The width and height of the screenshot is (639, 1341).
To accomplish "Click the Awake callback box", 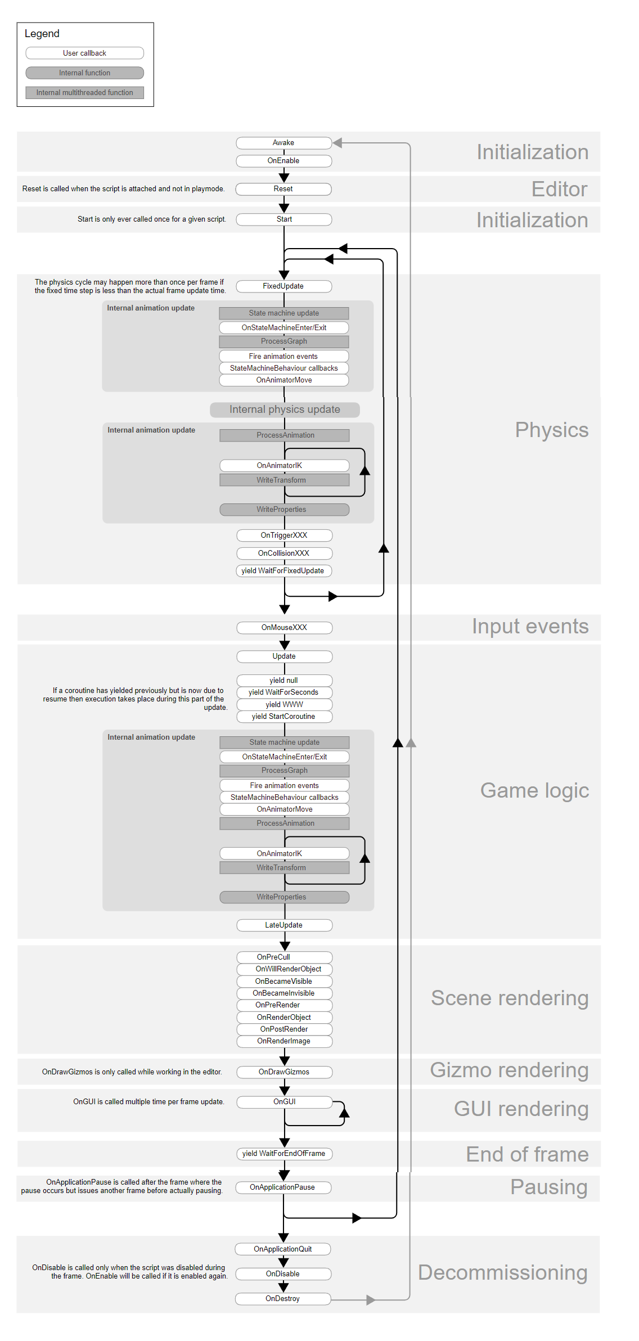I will tap(283, 143).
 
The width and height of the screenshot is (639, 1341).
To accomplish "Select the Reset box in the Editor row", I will tap(283, 189).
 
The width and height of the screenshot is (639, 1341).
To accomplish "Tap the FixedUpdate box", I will tap(283, 286).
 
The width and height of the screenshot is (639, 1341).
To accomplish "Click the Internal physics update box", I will tap(285, 409).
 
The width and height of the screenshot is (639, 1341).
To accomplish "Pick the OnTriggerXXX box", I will tap(284, 535).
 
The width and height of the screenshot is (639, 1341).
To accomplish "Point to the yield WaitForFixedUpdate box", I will tap(283, 571).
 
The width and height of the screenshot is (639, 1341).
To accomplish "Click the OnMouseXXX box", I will tap(284, 628).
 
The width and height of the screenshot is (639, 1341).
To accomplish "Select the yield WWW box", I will tap(284, 705).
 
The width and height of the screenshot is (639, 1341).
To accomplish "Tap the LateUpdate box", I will tap(284, 925).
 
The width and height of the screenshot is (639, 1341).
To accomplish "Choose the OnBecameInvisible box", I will tap(284, 993).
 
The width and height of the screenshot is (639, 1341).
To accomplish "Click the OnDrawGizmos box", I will tap(284, 1072).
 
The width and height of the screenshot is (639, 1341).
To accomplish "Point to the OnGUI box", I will tap(284, 1102).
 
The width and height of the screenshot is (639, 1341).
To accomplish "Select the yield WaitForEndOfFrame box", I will tap(284, 1154).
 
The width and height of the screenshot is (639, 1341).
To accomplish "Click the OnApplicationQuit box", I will tap(283, 1249).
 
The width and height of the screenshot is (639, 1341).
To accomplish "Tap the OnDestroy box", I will tap(283, 1299).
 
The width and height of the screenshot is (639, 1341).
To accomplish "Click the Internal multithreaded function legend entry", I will tap(85, 93).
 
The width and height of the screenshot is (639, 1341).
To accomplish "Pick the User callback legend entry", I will tap(85, 53).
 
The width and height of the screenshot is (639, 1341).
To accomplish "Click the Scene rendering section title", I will tap(510, 998).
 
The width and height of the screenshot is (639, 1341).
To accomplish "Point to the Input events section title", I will tap(530, 627).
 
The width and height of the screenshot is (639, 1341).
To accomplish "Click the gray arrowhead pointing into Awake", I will tap(337, 143).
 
